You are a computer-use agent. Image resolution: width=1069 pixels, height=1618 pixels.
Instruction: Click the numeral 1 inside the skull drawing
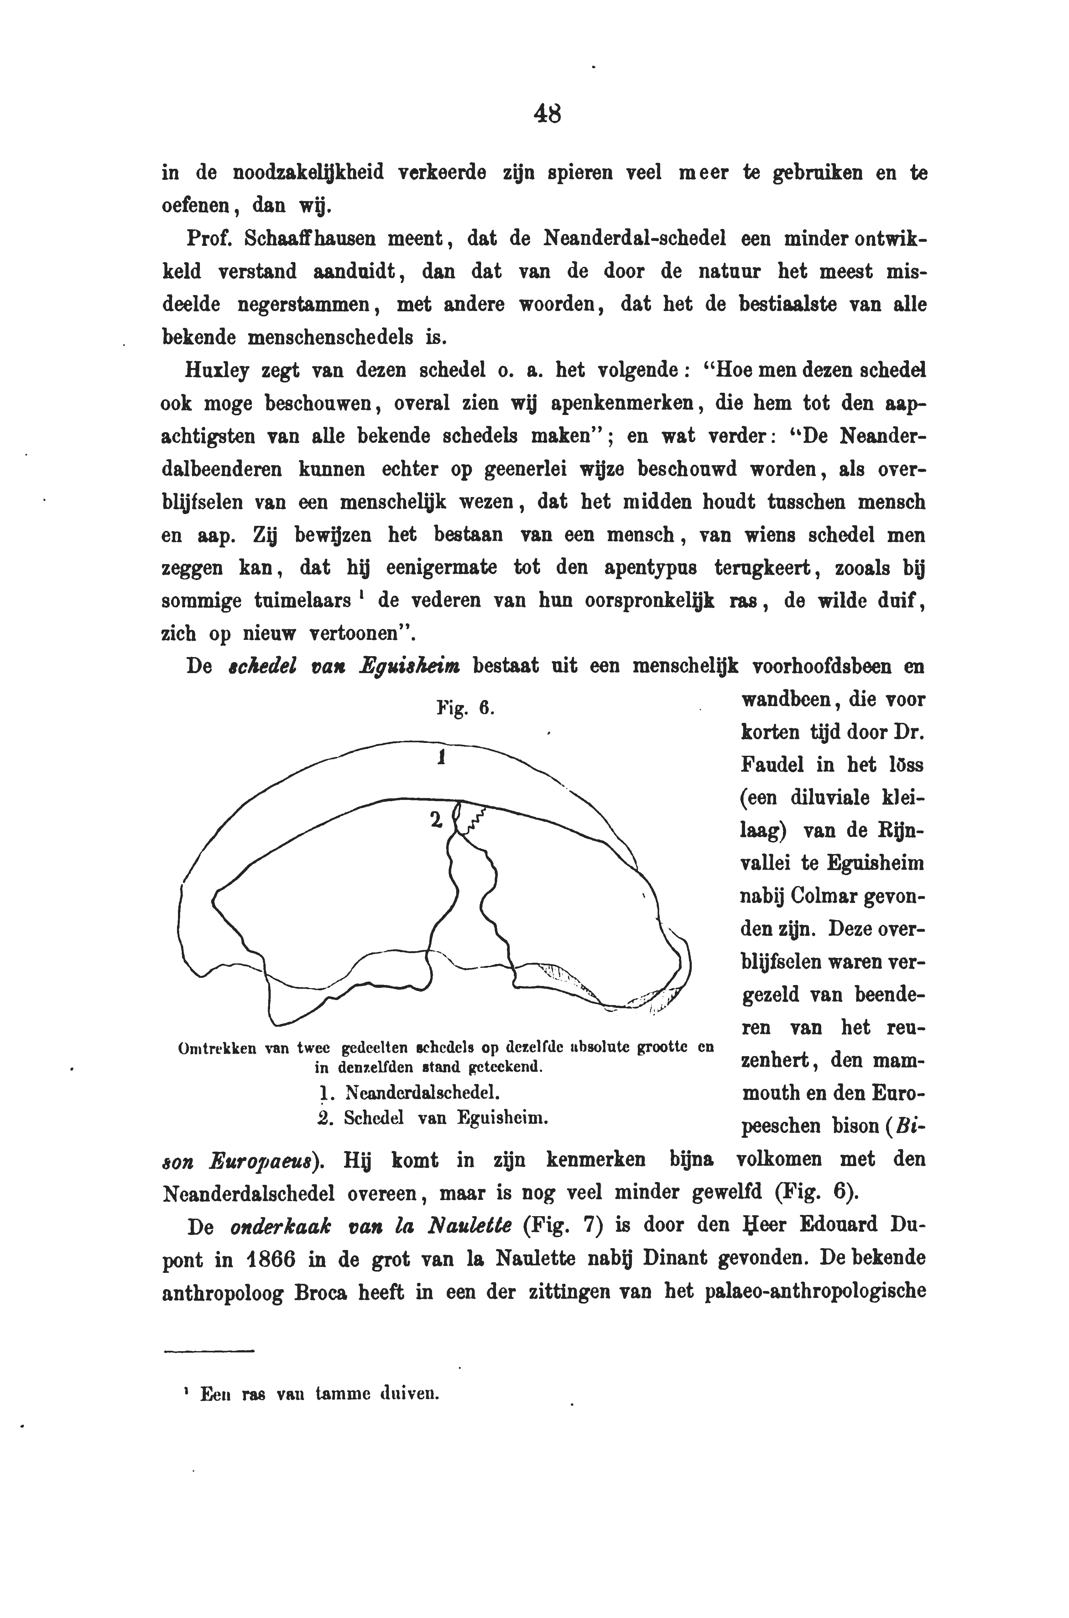(x=441, y=757)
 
